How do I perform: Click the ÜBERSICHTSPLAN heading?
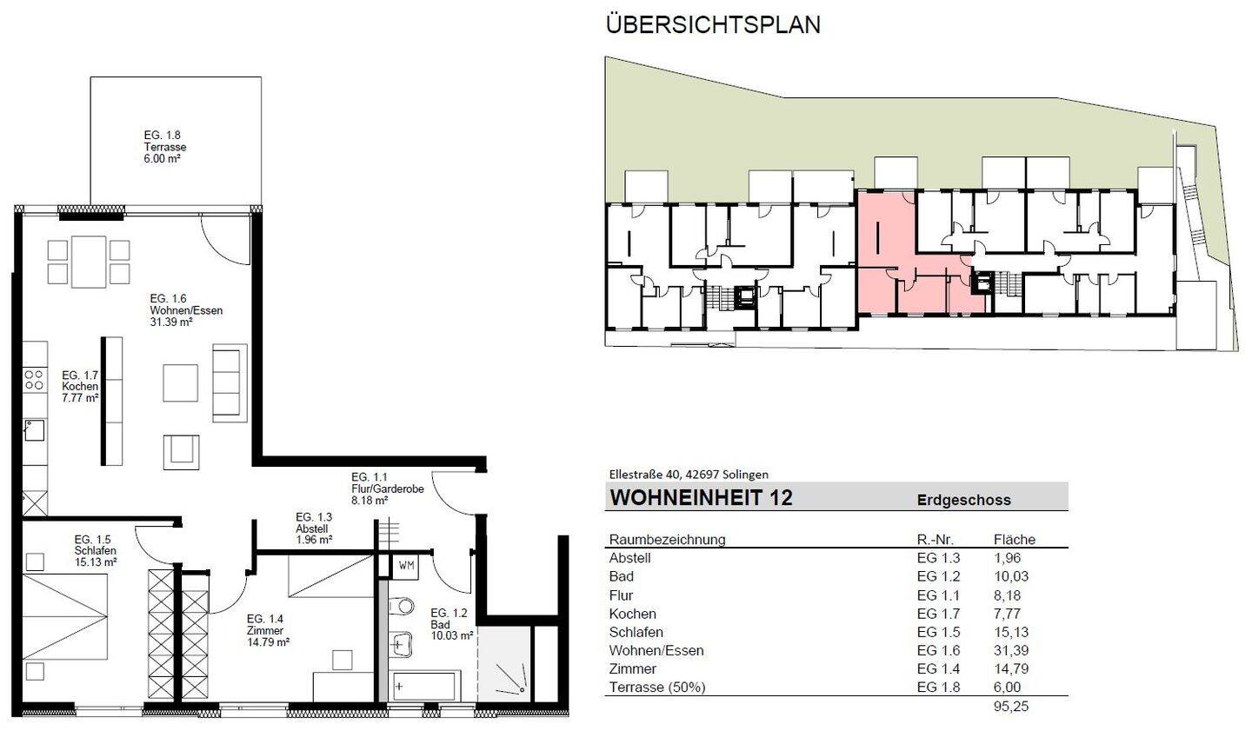point(712,24)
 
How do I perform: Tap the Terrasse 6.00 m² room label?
point(164,147)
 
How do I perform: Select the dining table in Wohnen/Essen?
point(89,262)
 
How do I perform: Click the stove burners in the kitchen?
point(34,379)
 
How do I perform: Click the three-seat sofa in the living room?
point(230,382)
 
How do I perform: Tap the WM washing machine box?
point(406,565)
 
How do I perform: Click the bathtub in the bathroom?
point(425,685)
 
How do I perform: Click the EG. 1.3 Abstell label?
point(313,528)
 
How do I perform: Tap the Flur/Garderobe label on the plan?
point(387,488)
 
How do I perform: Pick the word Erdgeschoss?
point(963,500)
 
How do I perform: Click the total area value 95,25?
point(1010,707)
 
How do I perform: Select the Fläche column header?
point(1014,540)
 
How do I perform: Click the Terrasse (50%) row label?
point(657,687)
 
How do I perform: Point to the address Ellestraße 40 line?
point(689,475)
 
